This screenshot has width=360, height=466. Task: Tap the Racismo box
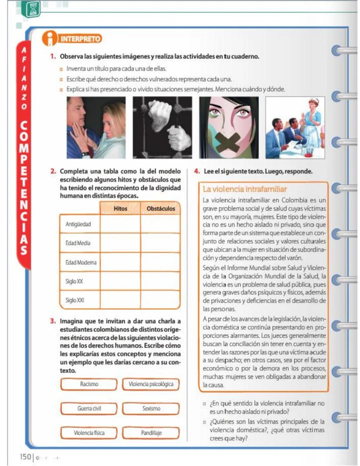pos(89,384)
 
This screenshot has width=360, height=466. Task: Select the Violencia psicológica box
pos(151,384)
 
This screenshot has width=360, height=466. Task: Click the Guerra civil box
pos(89,409)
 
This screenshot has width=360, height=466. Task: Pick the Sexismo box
pos(151,409)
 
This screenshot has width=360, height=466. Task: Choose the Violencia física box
pos(89,432)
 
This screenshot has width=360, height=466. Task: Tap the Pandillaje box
pos(151,432)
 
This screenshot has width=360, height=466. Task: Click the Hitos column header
pos(120,209)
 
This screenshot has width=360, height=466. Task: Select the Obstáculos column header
pos(160,209)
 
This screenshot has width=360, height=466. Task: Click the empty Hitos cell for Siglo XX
pos(120,281)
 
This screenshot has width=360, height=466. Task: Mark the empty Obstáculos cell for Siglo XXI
pos(160,300)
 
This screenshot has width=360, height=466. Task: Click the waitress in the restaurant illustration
pos(311,120)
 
